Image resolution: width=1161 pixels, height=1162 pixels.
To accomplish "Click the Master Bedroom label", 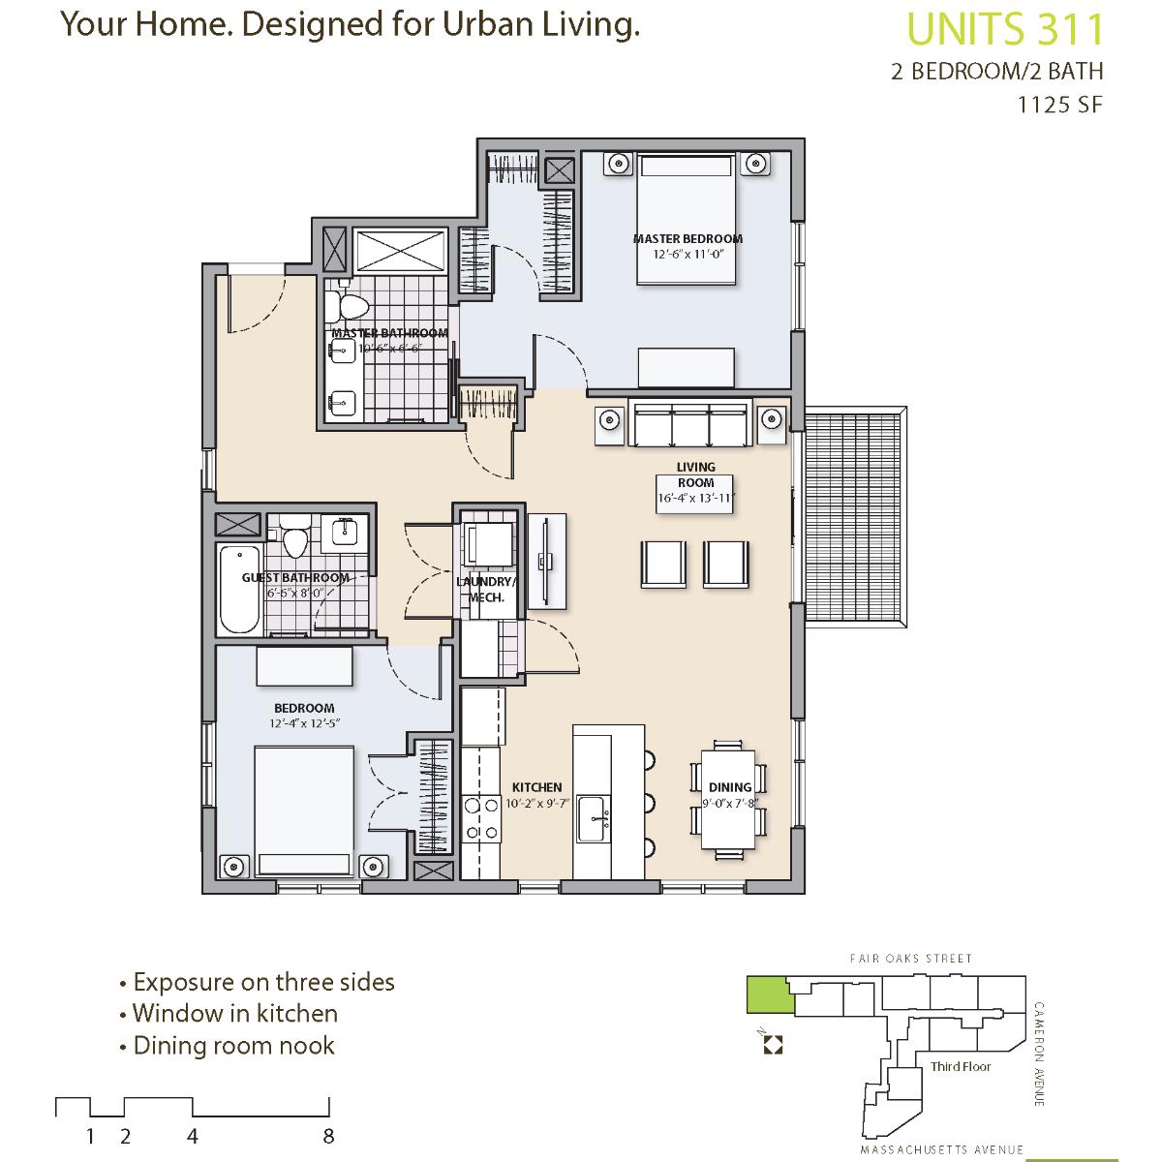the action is tap(687, 239).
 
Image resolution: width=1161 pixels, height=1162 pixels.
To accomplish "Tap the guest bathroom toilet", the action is tap(295, 536).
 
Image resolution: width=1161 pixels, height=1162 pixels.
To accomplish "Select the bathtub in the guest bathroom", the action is tap(240, 589).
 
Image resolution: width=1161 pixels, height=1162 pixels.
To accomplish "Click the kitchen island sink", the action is tap(594, 818).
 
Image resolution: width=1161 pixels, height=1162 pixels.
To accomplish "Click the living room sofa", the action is tap(690, 423).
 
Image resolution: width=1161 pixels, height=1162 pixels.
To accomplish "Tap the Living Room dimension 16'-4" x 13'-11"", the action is tap(696, 499).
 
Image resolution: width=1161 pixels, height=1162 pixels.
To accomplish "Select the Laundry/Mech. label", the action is tap(487, 590).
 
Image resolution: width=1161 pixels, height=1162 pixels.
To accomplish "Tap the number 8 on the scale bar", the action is tap(328, 1137).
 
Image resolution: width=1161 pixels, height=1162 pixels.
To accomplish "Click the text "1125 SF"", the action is tap(1059, 105).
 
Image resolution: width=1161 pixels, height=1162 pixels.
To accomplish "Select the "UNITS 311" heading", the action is tap(1005, 29).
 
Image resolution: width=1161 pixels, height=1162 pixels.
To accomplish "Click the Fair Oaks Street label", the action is tap(911, 959).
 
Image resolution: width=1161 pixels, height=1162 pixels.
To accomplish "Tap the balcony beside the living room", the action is tap(855, 517).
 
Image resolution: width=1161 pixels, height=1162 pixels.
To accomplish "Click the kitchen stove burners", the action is tap(481, 818).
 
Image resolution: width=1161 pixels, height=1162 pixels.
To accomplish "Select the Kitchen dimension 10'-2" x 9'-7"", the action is tap(537, 803).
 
